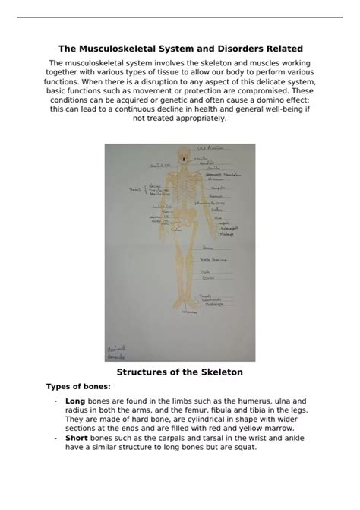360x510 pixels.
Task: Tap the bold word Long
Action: [x=75, y=400]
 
